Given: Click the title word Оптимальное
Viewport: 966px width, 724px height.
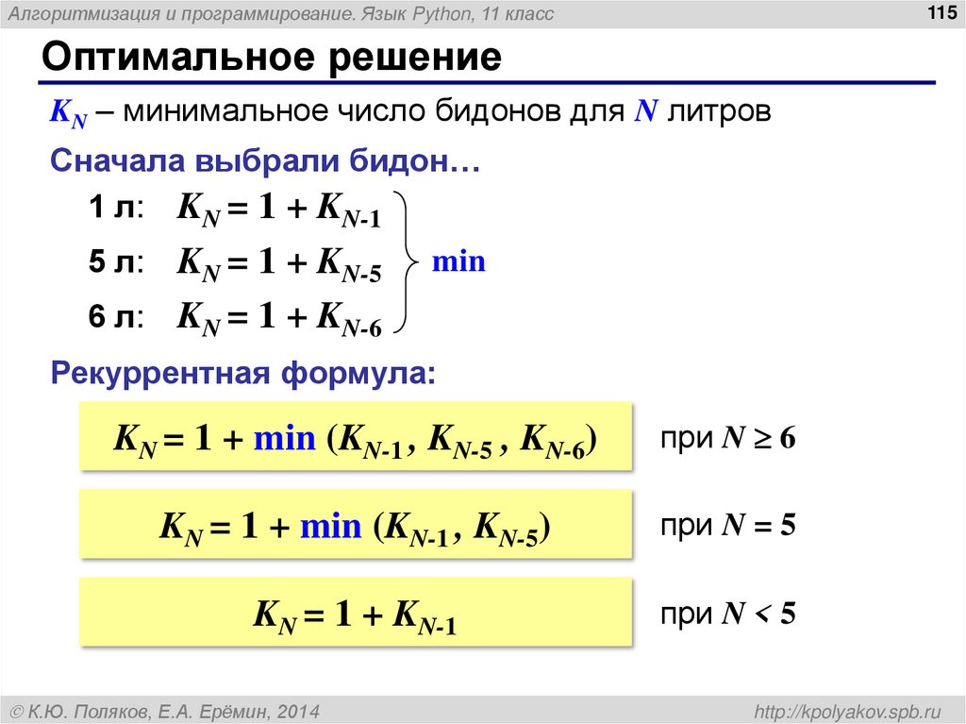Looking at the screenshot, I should (x=176, y=59).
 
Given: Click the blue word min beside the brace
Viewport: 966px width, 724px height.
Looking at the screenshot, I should (x=458, y=261).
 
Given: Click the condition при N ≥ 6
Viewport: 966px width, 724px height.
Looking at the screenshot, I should (x=727, y=439).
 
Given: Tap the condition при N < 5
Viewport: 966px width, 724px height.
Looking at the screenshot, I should (x=727, y=615).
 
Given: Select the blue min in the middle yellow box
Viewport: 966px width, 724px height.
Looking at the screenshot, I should (x=331, y=526).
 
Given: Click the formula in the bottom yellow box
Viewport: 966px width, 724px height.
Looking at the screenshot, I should (x=356, y=615).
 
